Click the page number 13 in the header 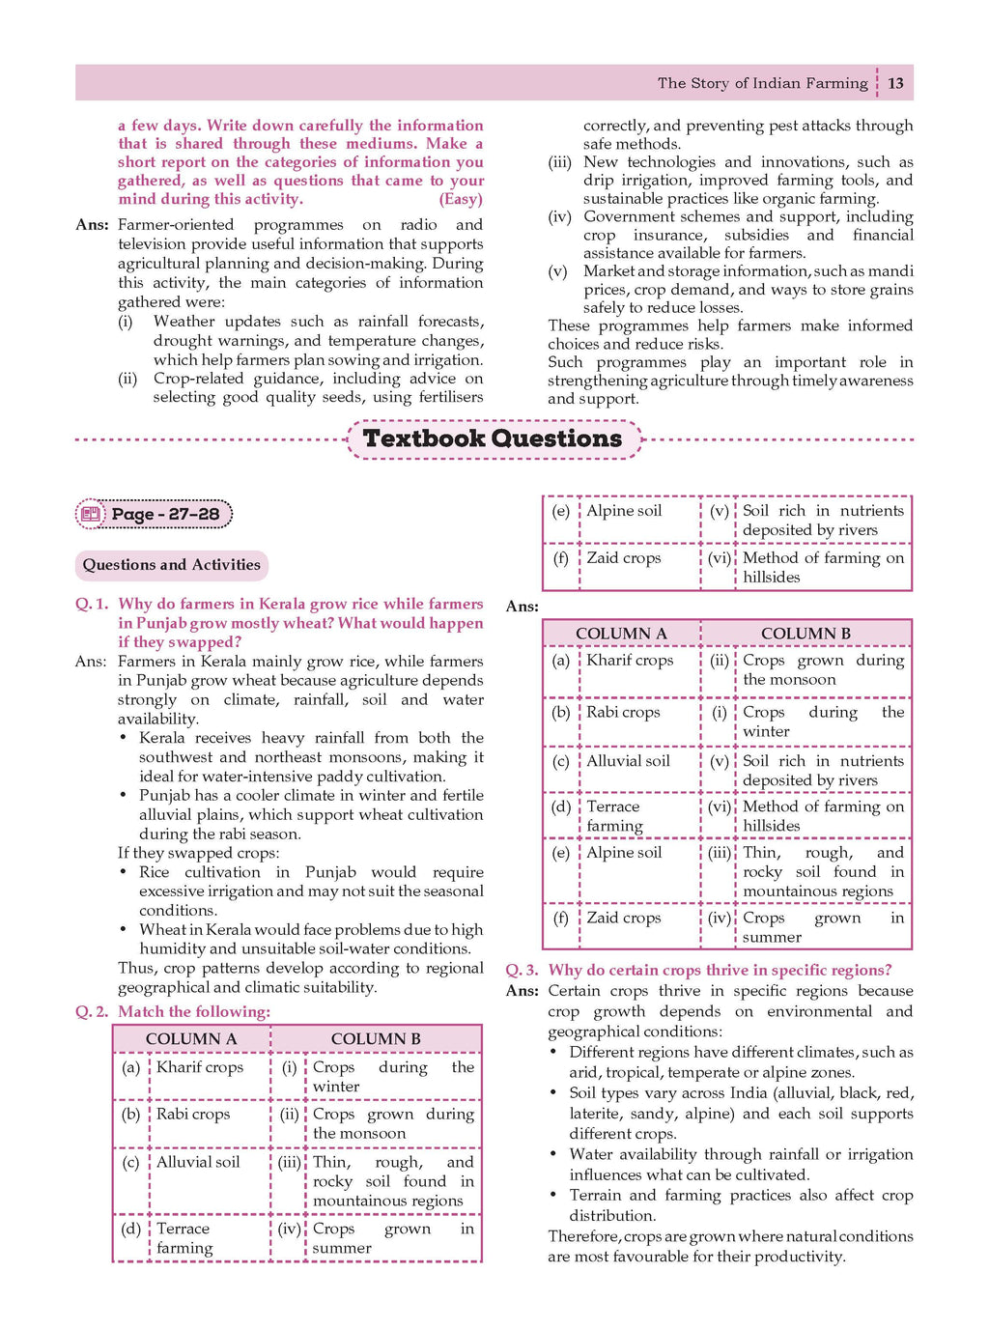click(x=895, y=83)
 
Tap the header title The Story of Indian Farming click(x=762, y=83)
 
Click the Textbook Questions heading click(x=493, y=438)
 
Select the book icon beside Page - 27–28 click(x=92, y=514)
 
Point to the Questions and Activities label click(x=171, y=565)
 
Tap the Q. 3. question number click(x=522, y=970)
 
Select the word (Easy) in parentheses click(x=461, y=199)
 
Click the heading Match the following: click(x=194, y=1011)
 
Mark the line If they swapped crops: click(x=198, y=853)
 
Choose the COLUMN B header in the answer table click(x=805, y=634)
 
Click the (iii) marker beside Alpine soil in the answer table click(x=720, y=853)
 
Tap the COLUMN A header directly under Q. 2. click(x=191, y=1039)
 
